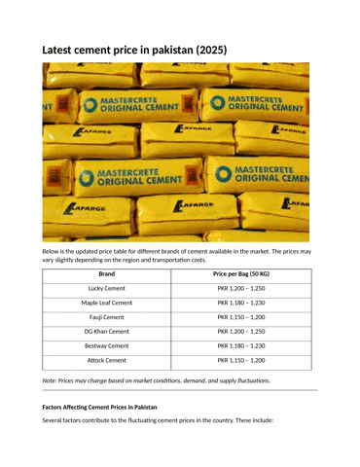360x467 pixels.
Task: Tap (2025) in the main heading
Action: coord(209,49)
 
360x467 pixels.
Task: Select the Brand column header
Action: coord(106,274)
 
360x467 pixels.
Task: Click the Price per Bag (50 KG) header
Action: coord(240,274)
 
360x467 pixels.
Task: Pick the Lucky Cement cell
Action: coord(106,289)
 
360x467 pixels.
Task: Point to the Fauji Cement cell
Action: coord(106,317)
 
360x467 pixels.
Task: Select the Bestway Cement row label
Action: coord(106,345)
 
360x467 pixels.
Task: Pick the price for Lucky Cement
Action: coord(240,289)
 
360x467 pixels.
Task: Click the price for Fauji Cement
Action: coord(240,317)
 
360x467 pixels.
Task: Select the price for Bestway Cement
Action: coord(240,345)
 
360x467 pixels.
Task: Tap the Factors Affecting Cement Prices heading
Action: coord(99,406)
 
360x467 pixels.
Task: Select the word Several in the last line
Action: coord(57,421)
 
